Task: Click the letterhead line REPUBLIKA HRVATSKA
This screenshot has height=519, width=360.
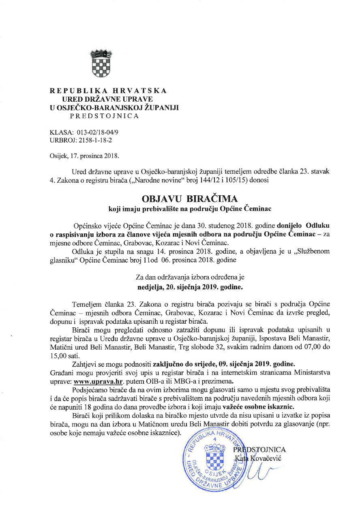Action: (x=108, y=91)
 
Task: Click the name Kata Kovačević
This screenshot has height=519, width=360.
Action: (x=258, y=458)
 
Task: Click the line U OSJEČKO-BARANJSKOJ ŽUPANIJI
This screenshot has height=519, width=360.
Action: (x=114, y=107)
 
